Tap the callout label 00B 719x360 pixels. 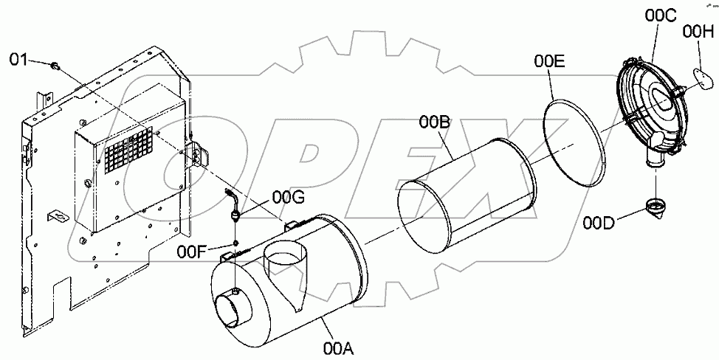[x=436, y=122]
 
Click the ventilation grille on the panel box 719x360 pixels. [x=128, y=152]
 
